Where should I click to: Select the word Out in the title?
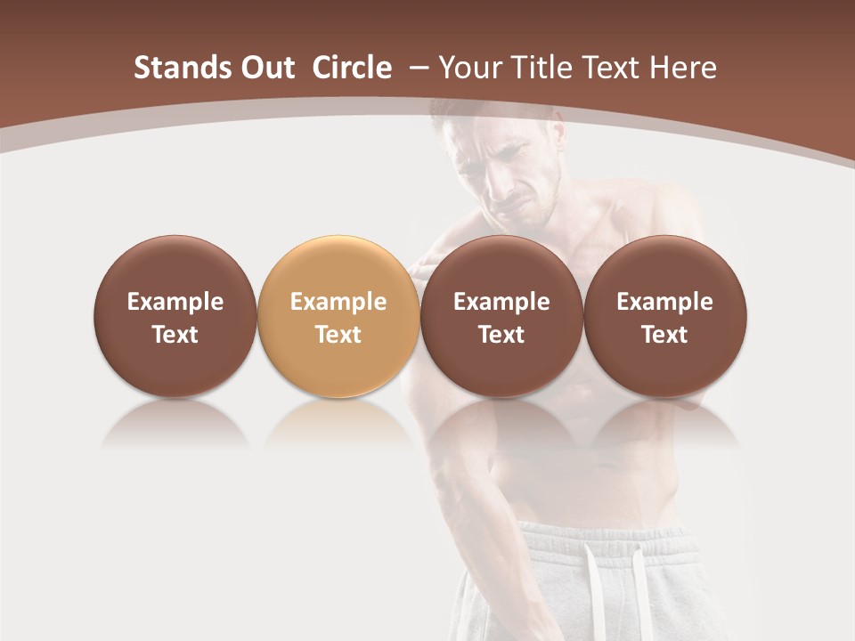pyautogui.click(x=265, y=68)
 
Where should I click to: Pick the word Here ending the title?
pyautogui.click(x=683, y=68)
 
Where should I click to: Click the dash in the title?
pyautogui.click(x=419, y=68)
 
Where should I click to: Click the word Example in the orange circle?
pyautogui.click(x=338, y=302)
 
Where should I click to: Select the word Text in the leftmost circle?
pyautogui.click(x=175, y=335)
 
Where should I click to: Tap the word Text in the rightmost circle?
pyautogui.click(x=664, y=335)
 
